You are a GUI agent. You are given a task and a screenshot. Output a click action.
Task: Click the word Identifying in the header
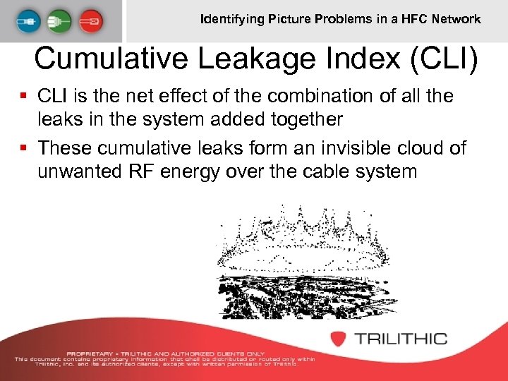[232, 19]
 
